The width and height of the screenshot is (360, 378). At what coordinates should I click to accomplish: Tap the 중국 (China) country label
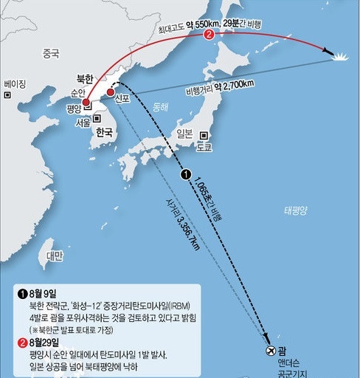(51, 53)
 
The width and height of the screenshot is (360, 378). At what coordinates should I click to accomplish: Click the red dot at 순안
(86, 103)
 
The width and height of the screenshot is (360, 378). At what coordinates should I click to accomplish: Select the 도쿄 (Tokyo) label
(204, 147)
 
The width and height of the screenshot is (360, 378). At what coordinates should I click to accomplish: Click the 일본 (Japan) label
(184, 133)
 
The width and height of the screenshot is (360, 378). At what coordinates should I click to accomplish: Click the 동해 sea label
(160, 108)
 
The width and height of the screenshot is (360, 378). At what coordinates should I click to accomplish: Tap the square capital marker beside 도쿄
(203, 135)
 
